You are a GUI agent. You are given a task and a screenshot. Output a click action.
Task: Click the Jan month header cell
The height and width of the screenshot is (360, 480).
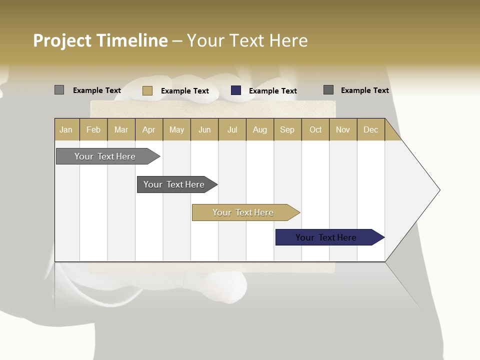click(x=66, y=129)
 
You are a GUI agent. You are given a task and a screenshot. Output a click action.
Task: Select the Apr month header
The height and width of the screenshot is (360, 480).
click(x=149, y=129)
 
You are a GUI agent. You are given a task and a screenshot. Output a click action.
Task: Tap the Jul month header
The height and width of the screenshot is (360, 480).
click(x=232, y=129)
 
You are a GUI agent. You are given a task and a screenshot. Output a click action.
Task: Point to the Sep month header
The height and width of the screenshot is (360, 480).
click(x=287, y=129)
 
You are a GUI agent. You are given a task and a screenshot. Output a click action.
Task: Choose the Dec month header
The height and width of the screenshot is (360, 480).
click(x=370, y=129)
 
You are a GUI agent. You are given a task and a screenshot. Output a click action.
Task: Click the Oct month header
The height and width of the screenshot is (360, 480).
click(x=315, y=129)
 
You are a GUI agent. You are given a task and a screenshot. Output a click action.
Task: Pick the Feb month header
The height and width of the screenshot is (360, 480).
click(x=93, y=129)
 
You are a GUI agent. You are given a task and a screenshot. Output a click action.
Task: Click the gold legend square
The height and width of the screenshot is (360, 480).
click(x=147, y=90)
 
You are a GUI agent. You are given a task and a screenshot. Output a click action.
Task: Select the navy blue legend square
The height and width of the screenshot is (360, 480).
click(x=236, y=90)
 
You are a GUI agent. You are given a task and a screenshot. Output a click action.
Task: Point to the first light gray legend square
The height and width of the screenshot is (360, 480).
click(x=59, y=90)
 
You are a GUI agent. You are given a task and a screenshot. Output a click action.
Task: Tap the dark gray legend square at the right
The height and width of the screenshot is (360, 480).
click(x=328, y=90)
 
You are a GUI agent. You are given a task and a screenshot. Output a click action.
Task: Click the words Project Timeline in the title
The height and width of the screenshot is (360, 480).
click(x=100, y=40)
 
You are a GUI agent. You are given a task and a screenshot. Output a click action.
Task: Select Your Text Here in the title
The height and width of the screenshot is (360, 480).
click(x=247, y=40)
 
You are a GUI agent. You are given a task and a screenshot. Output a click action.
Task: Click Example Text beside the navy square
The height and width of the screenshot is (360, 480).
click(x=273, y=91)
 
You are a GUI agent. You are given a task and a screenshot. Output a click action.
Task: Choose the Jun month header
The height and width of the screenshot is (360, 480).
click(x=204, y=129)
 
